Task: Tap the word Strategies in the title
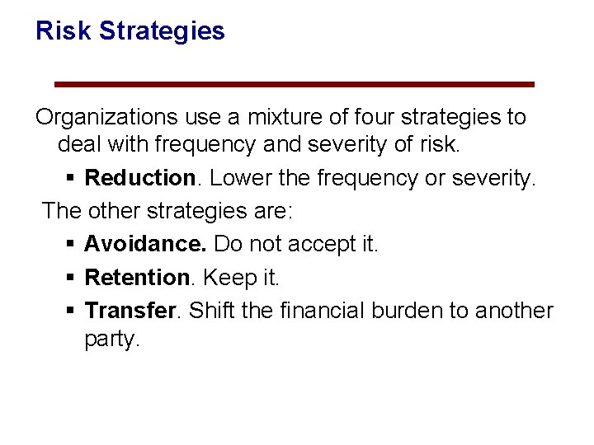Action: pos(162,31)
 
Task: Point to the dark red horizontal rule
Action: pos(294,84)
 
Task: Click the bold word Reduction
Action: pos(139,178)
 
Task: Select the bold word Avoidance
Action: pos(146,245)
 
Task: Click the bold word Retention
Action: pos(137,278)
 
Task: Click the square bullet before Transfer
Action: pos(70,311)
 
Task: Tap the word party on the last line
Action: pos(110,340)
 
